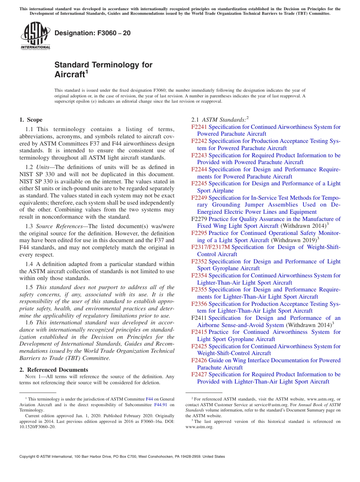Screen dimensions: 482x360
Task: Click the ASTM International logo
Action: click(x=35, y=36)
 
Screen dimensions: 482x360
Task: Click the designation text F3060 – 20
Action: click(x=92, y=33)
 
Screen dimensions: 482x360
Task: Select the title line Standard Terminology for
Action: click(x=103, y=65)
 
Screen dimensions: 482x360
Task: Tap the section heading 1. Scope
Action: click(x=31, y=120)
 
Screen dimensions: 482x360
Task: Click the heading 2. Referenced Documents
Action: click(x=54, y=370)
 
